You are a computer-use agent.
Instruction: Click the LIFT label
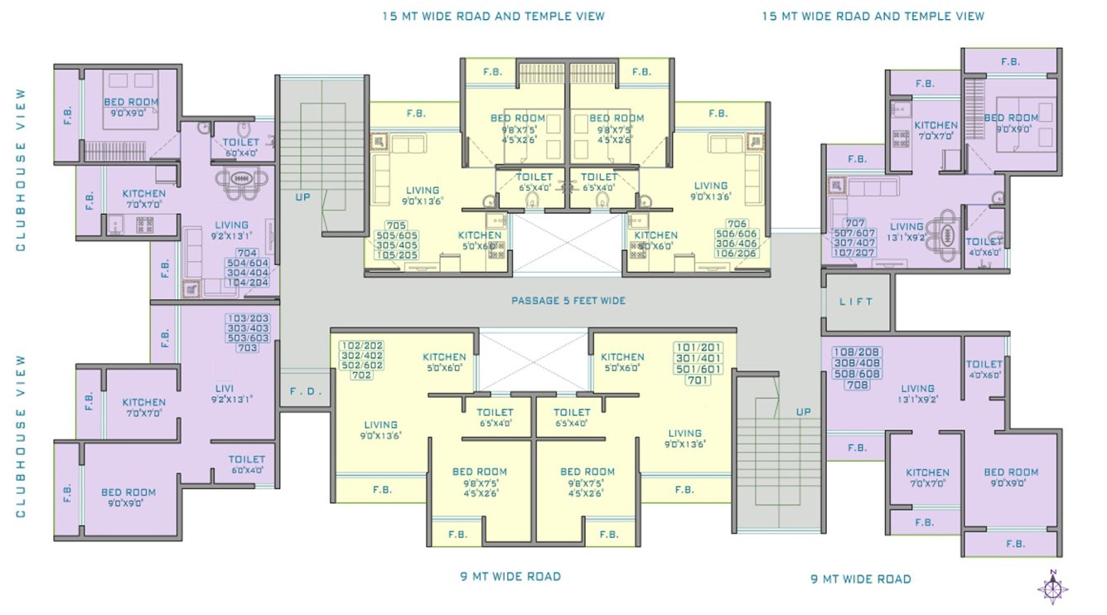coord(856,302)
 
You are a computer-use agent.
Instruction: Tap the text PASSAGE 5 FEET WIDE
coord(568,301)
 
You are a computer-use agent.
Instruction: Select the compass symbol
coord(1052,588)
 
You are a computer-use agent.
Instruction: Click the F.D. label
coord(299,390)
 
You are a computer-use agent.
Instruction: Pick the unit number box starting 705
coord(396,240)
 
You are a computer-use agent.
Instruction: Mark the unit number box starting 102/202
coord(361,360)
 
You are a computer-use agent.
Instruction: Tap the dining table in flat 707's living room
coord(944,227)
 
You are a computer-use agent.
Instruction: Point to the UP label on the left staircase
coord(303,197)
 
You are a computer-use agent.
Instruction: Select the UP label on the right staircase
coord(803,412)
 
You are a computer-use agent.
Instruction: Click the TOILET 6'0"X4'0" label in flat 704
coord(241,147)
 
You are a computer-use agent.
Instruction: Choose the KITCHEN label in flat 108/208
coord(927,477)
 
